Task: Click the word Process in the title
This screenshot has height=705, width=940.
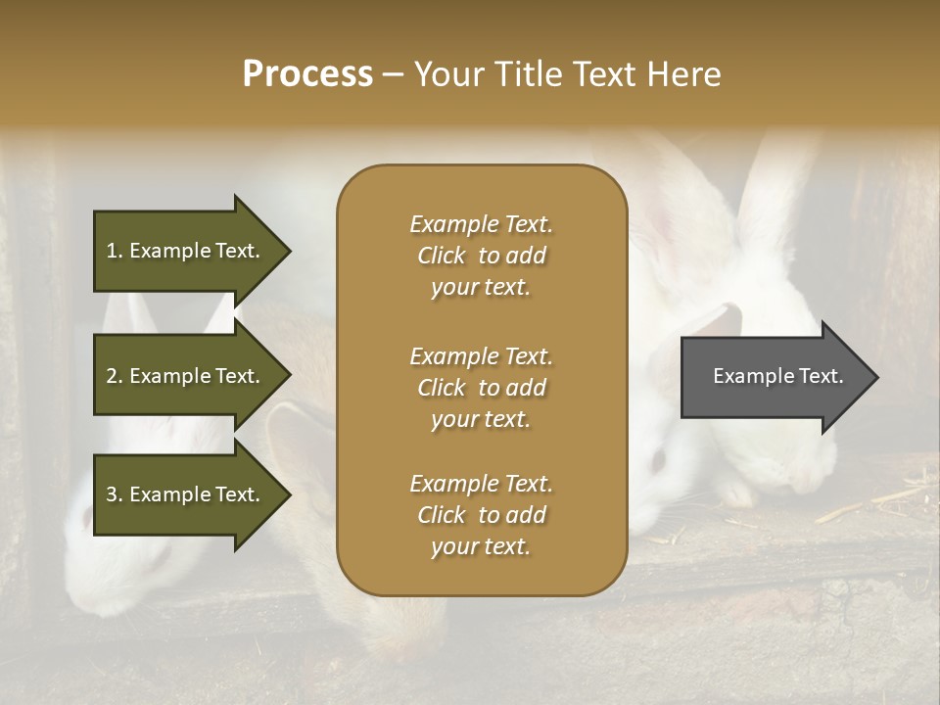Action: [307, 74]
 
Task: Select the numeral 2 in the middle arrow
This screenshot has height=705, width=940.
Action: [112, 376]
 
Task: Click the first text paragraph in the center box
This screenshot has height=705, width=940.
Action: [481, 256]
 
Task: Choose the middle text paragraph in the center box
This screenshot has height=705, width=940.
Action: [481, 387]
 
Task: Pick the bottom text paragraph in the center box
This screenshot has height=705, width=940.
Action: [481, 515]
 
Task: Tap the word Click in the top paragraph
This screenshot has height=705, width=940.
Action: [442, 256]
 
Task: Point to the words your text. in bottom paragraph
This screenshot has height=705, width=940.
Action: [481, 547]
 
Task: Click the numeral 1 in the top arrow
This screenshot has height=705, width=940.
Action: [112, 251]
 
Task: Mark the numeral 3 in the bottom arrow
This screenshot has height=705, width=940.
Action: [112, 494]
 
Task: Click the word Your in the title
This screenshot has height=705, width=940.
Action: [448, 74]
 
